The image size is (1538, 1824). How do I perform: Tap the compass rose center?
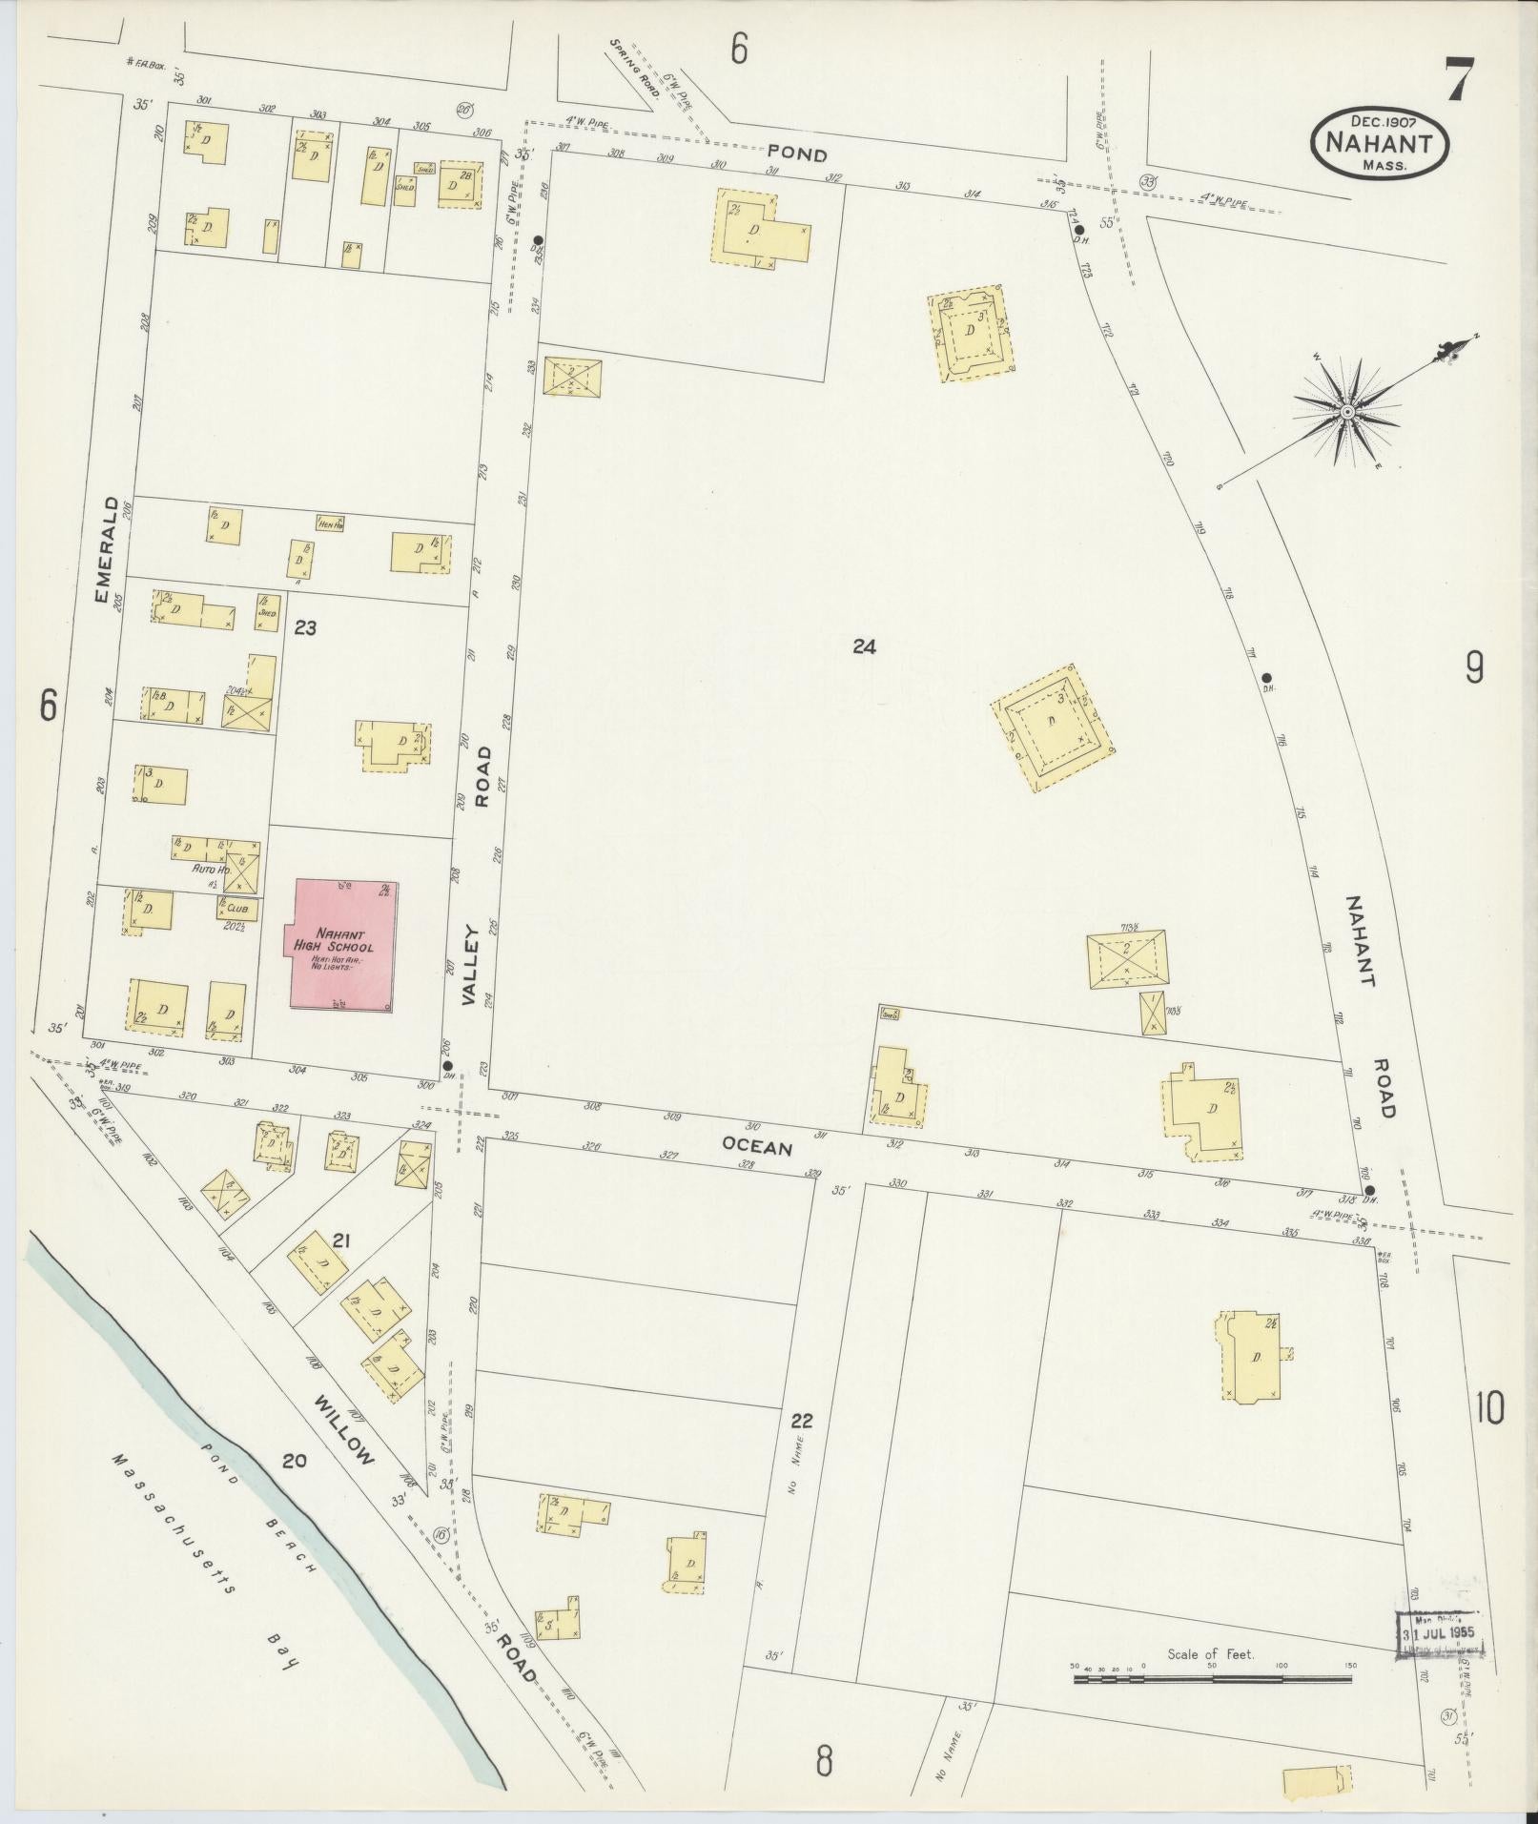pyautogui.click(x=1347, y=412)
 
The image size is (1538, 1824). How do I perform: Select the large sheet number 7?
pyautogui.click(x=1459, y=80)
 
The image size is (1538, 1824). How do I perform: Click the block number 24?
pyautogui.click(x=864, y=647)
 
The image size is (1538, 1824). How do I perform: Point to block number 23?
pyautogui.click(x=305, y=628)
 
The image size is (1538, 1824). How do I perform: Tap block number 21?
pyautogui.click(x=343, y=1240)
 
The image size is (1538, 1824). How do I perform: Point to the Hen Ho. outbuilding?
pyautogui.click(x=331, y=523)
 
